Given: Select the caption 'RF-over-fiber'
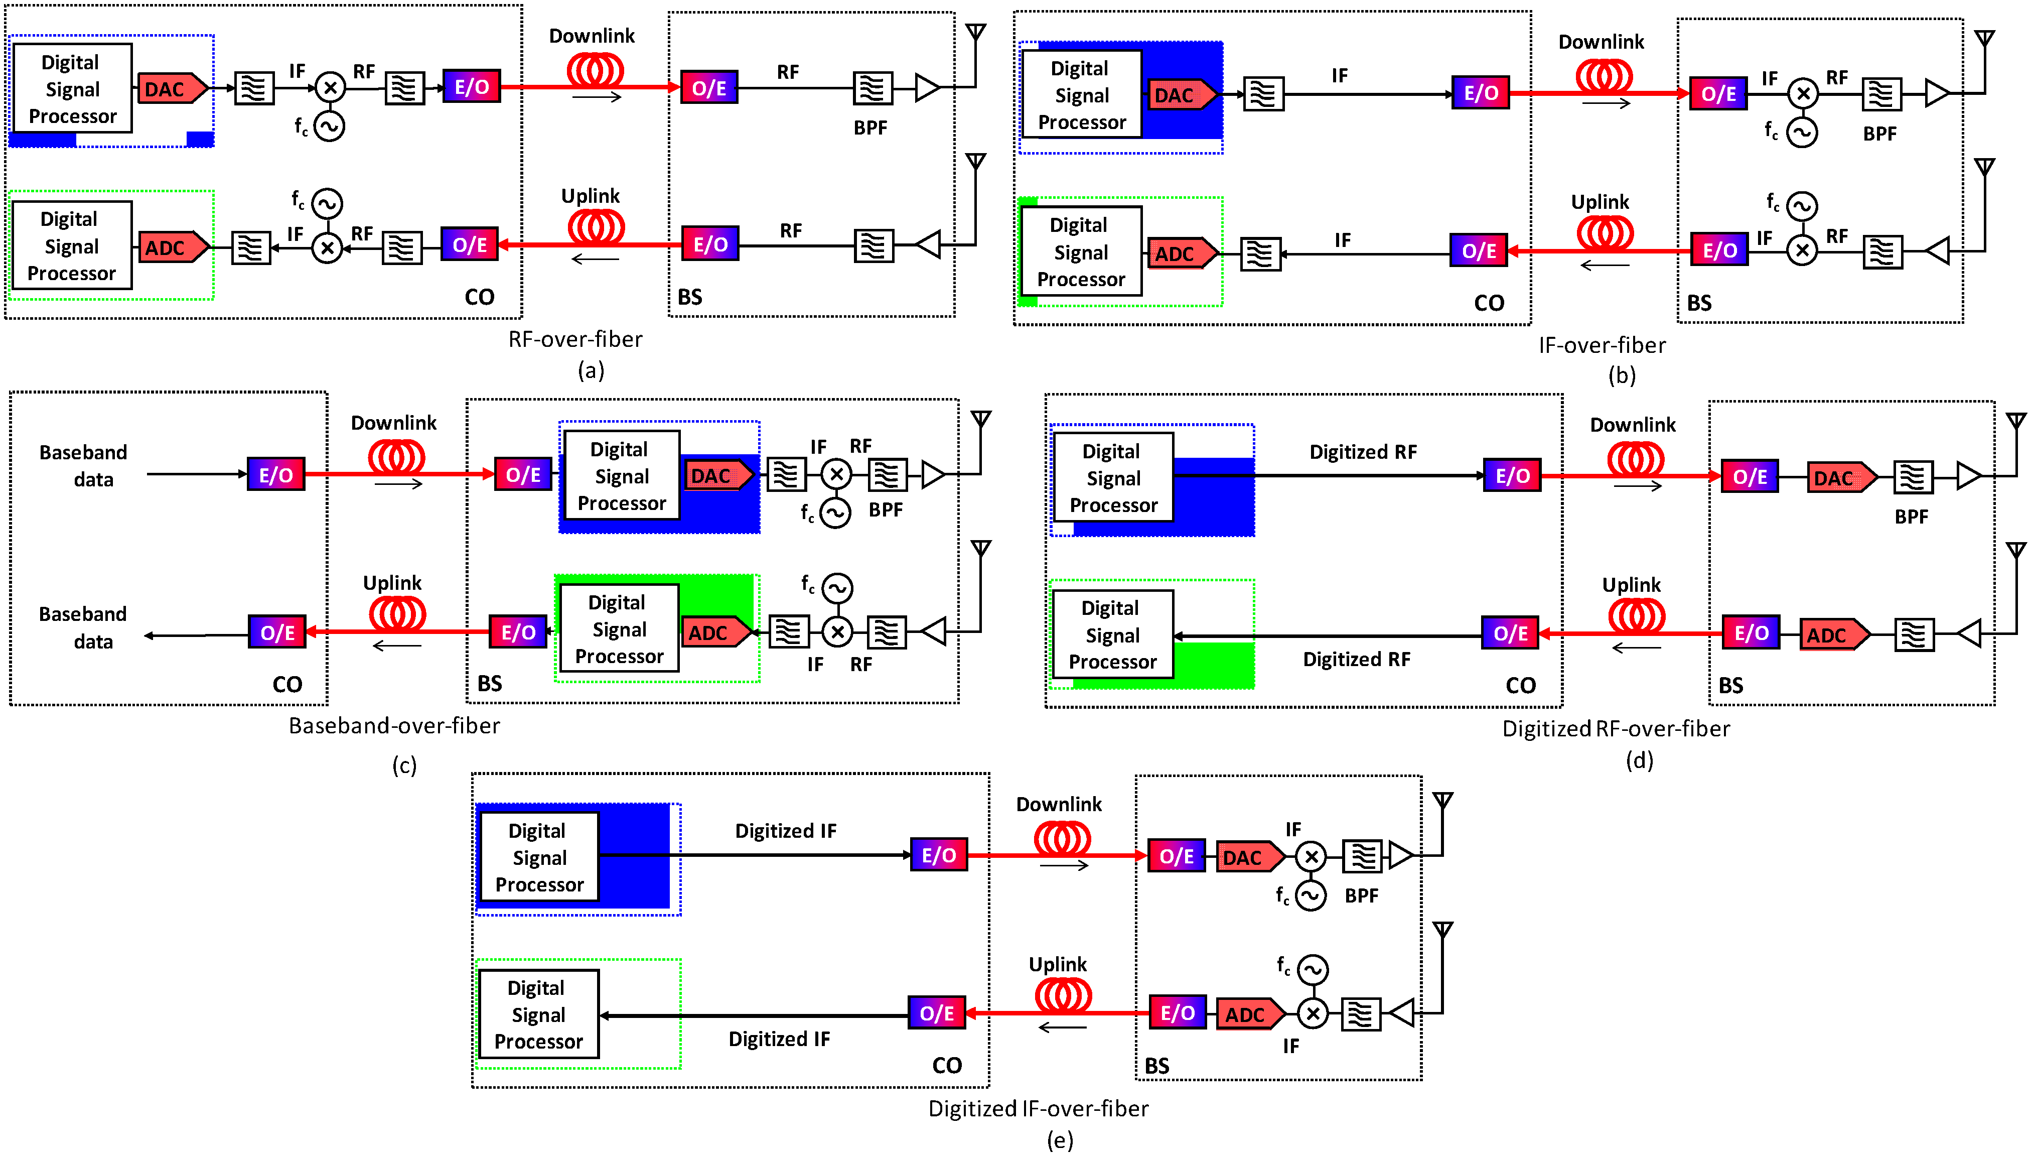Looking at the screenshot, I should (575, 339).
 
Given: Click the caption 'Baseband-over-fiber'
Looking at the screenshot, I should (394, 726).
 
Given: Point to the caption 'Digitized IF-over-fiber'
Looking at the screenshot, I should (1038, 1108).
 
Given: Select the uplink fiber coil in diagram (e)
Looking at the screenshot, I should (1063, 995).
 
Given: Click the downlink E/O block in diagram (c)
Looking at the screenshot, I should (275, 475).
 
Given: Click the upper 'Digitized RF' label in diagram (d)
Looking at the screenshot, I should (1363, 452).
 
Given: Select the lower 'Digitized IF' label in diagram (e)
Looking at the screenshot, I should (779, 1039).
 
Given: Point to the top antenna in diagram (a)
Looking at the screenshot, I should (975, 33).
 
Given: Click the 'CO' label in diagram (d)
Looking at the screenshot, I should (1520, 685).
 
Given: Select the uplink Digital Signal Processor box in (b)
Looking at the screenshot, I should (1081, 251).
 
